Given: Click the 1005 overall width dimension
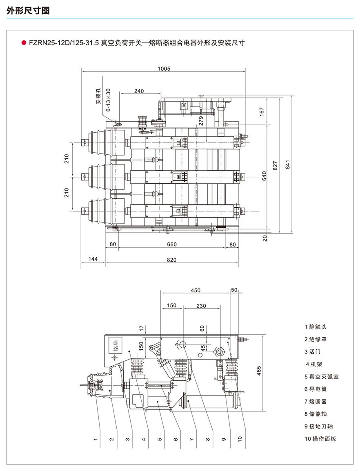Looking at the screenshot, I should pos(164,69).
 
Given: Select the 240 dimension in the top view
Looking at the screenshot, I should pos(139,91).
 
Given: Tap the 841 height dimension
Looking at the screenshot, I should pos(288,164).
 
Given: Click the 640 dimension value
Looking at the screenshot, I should pos(264,176).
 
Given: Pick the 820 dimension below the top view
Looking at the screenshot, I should pos(171,260).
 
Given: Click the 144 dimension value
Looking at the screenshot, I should pos(93,260).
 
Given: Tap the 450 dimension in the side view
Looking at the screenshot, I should pos(196,290).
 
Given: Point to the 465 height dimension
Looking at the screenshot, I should pos(259,371).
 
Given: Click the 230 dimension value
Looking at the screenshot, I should pos(201,305).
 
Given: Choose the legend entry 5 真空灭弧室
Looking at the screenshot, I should pos(321,376).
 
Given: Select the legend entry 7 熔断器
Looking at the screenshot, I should pos(316,402).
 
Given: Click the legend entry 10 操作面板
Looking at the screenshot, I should pos(320,439).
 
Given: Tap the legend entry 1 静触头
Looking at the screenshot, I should pos(316,327).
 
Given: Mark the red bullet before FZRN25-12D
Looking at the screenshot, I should pos(24,42).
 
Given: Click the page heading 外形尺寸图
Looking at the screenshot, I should pos(28,11).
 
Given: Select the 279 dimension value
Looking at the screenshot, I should pos(200,121).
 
